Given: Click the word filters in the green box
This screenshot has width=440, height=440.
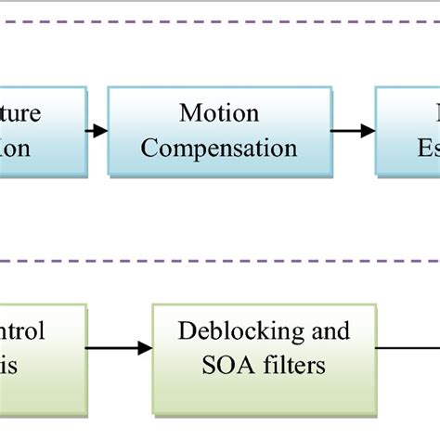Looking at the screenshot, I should [291, 365].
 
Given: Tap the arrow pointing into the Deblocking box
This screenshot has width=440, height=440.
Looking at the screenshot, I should [118, 348].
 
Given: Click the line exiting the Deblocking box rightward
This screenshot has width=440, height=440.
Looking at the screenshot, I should [408, 348].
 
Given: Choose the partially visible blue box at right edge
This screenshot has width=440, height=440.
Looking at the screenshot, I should [408, 130].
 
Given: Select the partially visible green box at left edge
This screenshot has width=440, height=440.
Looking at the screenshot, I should [42, 348].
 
